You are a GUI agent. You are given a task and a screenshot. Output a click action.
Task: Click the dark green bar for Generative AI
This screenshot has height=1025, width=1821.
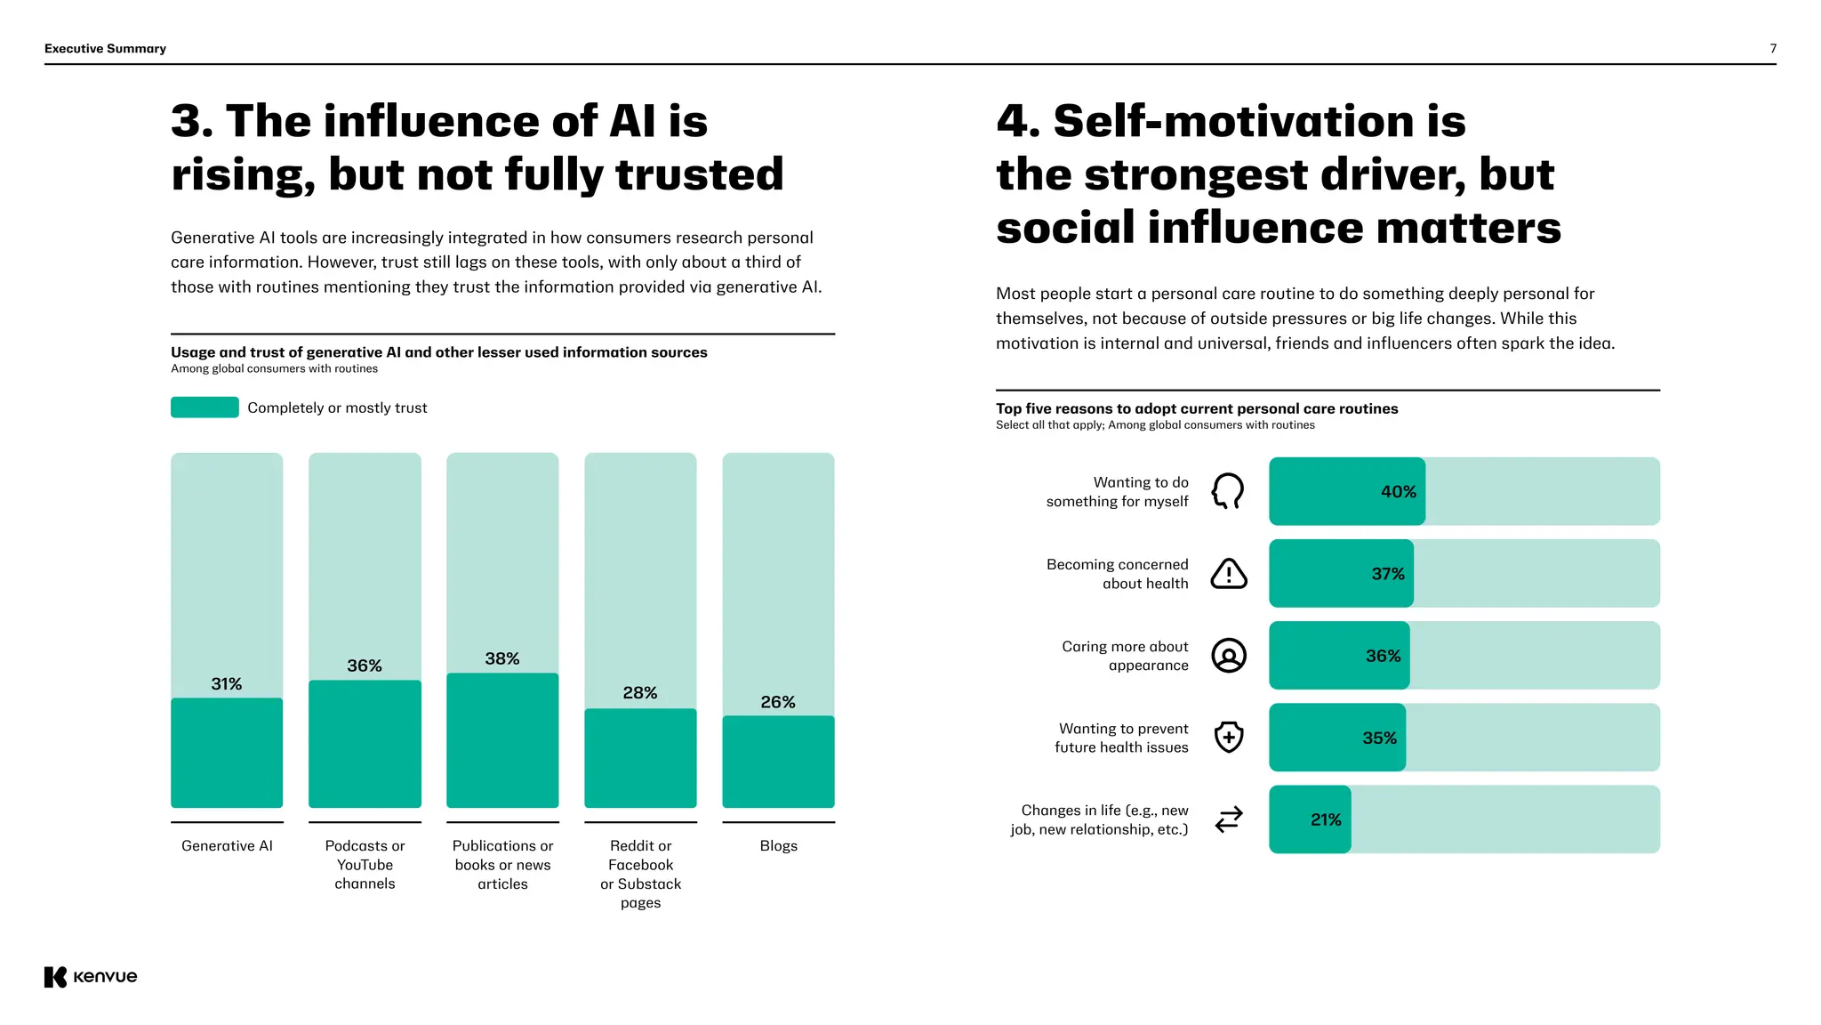(227, 753)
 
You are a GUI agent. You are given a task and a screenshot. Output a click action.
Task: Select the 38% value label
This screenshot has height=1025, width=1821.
(502, 658)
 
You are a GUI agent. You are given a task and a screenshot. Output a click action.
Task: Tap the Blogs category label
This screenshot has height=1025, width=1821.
(778, 845)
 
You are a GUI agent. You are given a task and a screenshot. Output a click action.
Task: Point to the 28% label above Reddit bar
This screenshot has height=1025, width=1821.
(640, 692)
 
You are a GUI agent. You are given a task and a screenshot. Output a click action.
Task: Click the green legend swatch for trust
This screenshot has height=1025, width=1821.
(205, 408)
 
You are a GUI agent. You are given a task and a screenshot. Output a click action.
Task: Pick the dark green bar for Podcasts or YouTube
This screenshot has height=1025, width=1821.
(365, 744)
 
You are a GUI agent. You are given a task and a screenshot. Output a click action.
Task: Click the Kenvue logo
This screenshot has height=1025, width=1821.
(91, 976)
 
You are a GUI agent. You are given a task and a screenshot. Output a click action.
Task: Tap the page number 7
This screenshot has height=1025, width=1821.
(1773, 49)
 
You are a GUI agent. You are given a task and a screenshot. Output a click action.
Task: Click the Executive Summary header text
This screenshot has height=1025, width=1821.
(105, 49)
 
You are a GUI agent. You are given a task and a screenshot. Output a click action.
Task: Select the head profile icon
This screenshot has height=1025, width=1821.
(1228, 491)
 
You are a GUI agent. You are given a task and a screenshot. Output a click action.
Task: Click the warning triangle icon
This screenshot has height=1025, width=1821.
(1229, 574)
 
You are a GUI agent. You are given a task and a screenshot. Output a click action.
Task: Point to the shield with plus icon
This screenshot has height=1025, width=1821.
(1229, 737)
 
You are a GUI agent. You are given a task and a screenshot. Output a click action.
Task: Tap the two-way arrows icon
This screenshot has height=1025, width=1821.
(1229, 819)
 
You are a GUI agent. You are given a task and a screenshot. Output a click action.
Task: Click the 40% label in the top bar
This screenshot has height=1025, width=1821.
(1398, 491)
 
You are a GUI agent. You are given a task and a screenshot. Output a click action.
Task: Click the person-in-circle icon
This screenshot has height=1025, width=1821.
(1229, 656)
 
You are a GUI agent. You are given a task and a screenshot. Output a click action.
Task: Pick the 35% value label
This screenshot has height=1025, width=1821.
(1379, 738)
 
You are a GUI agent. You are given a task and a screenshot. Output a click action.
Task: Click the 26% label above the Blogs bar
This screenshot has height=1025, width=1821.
(778, 702)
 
